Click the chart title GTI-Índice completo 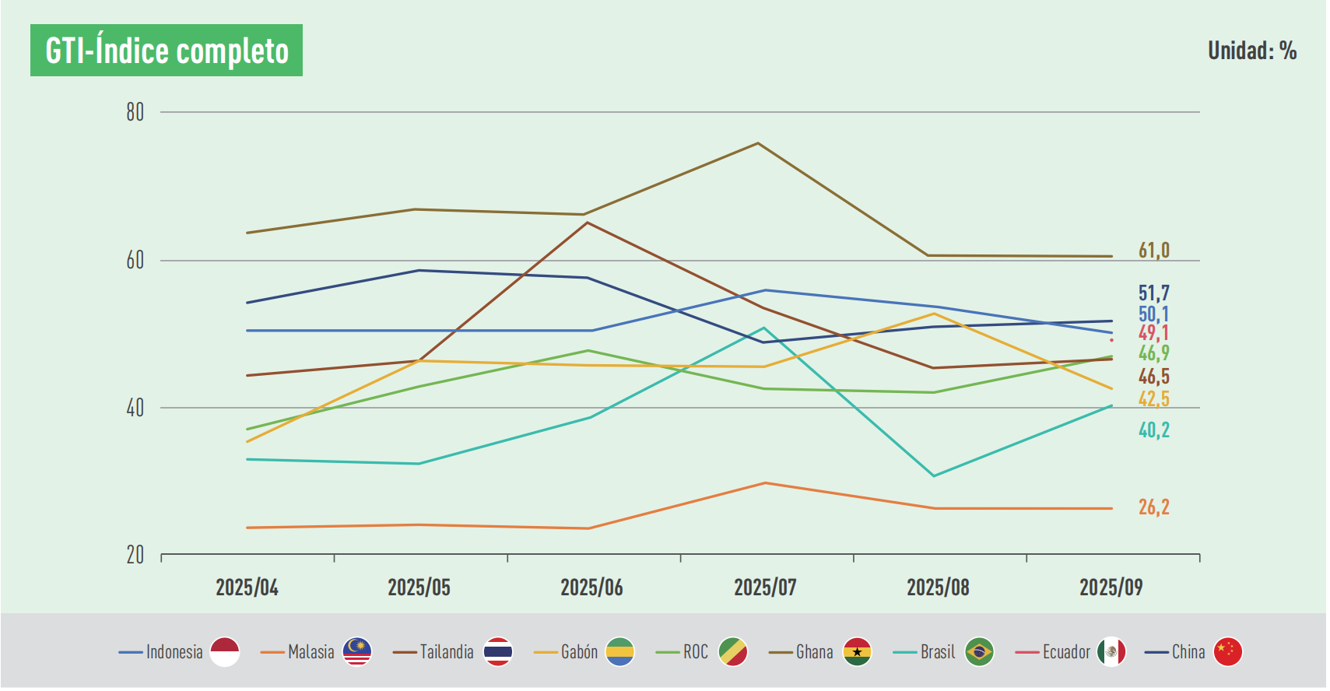tap(167, 51)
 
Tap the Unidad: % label tap(1251, 51)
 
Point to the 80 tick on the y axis tap(135, 113)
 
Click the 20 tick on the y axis tap(135, 555)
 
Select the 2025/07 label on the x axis tap(765, 588)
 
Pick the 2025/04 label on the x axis tap(247, 588)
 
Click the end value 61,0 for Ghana tap(1153, 251)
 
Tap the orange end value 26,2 tap(1153, 507)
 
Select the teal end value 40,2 tap(1153, 430)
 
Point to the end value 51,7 tap(1153, 293)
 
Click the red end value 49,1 tap(1153, 333)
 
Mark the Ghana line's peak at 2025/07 tap(758, 143)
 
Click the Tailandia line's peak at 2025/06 tap(588, 223)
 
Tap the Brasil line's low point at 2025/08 tap(933, 475)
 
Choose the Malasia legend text tap(311, 652)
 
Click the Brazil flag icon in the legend tap(979, 652)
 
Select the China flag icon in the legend tap(1227, 652)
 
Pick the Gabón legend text tap(579, 652)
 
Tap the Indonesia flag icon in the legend tap(225, 652)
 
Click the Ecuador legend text tap(1066, 652)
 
